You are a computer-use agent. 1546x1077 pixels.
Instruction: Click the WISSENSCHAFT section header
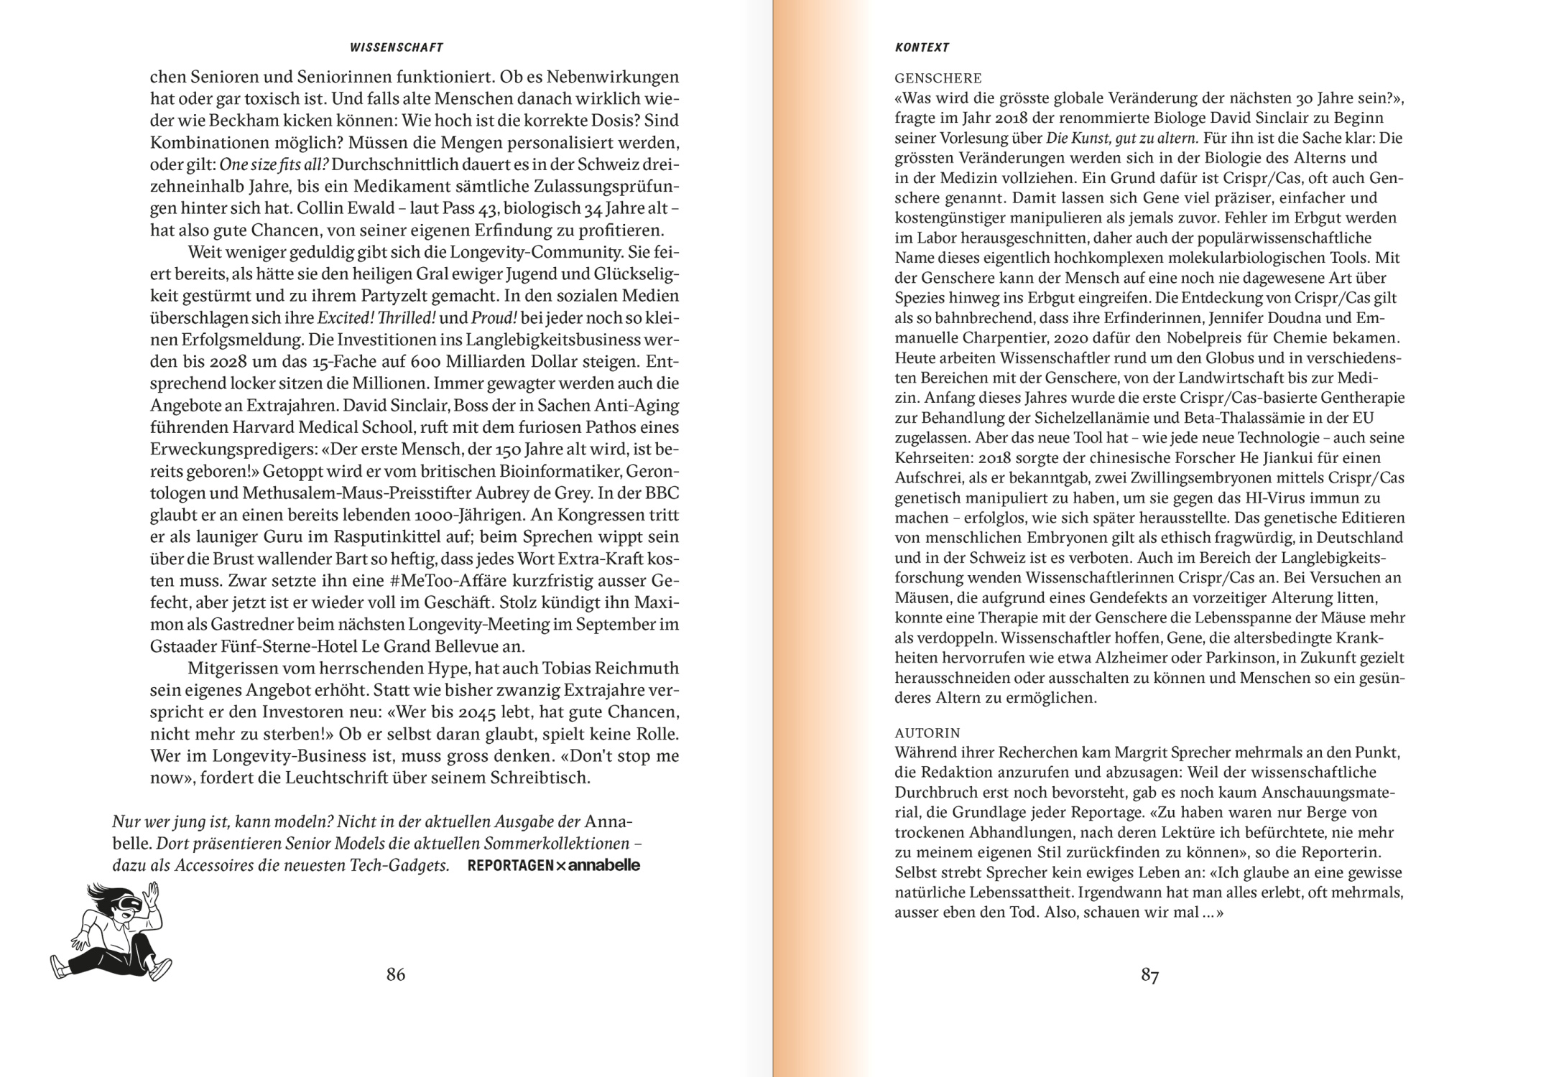click(396, 47)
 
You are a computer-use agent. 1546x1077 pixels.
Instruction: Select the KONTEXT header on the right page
click(922, 47)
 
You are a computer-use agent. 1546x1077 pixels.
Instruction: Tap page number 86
click(396, 974)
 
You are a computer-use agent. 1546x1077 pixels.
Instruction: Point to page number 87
click(1149, 975)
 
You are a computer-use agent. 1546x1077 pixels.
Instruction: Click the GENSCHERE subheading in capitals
click(938, 78)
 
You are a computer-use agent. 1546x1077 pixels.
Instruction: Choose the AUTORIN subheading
click(927, 733)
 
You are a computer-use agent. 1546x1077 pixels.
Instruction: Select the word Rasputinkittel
click(391, 537)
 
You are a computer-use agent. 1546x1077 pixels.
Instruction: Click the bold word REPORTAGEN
click(510, 866)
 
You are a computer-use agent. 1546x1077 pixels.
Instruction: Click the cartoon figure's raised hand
click(152, 895)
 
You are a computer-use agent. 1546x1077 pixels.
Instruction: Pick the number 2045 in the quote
click(479, 712)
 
